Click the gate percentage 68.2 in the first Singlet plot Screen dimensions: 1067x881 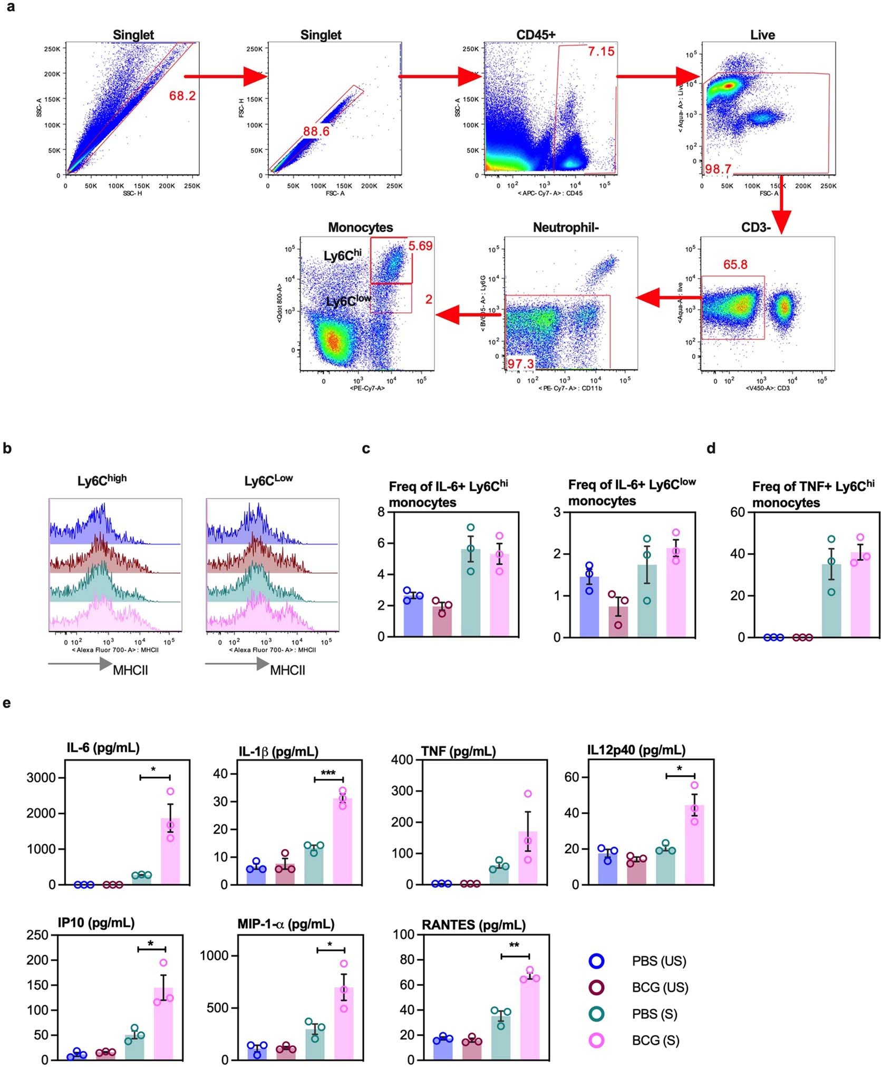[x=182, y=96]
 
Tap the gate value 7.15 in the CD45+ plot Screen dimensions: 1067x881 [x=601, y=51]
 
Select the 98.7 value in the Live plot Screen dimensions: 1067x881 [x=718, y=169]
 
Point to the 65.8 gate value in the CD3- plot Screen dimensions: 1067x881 [x=735, y=264]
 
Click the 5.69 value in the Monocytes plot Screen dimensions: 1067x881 [x=420, y=246]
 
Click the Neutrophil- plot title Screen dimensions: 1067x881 [x=565, y=227]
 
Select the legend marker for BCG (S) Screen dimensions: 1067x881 [x=596, y=1040]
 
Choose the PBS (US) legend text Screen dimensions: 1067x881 [x=659, y=961]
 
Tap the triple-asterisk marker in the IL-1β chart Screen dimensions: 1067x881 [x=328, y=773]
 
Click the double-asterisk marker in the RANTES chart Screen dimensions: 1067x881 [x=514, y=945]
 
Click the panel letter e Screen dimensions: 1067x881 [x=6, y=703]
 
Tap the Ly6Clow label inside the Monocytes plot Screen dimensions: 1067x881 [x=348, y=301]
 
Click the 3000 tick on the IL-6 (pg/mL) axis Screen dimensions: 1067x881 [x=41, y=777]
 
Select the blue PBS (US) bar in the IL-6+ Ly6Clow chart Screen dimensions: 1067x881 [x=589, y=607]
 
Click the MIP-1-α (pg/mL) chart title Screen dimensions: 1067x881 [x=285, y=923]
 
